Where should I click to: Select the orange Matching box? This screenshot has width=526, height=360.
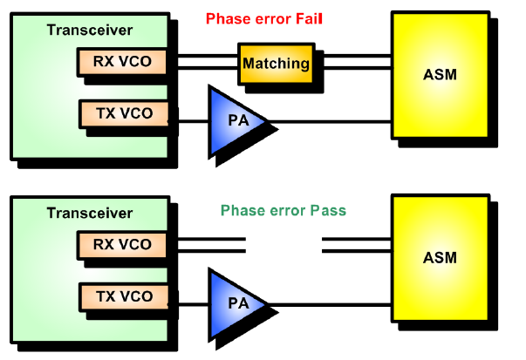(x=275, y=64)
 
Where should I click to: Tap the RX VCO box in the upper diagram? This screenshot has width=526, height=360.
(x=121, y=62)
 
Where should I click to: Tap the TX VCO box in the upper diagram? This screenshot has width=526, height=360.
(x=121, y=113)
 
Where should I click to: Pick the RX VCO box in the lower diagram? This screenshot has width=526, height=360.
(x=121, y=244)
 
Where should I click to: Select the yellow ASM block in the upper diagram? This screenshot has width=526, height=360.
(x=439, y=74)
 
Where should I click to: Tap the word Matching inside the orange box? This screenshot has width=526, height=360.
(x=275, y=64)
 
